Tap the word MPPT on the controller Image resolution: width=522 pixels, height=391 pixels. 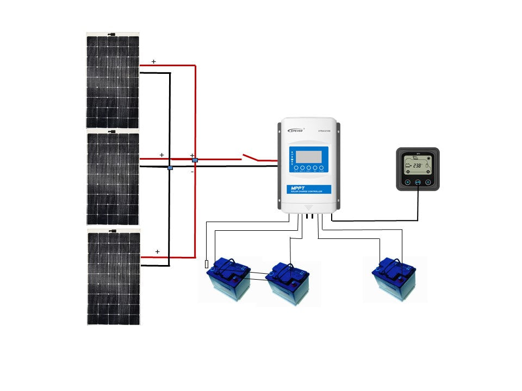coord(300,188)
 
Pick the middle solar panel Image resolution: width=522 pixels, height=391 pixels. coord(113,178)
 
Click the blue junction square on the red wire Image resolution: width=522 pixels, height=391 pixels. coord(195,161)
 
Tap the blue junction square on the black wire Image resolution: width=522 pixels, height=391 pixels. coord(170,168)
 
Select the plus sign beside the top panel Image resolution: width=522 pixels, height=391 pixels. coord(153,62)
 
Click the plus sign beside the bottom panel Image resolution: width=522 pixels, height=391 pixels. coord(158,252)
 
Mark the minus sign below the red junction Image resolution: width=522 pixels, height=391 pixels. coord(192,172)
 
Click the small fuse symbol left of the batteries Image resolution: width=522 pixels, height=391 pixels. coord(207,264)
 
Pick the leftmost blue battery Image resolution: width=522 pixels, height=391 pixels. coord(229,278)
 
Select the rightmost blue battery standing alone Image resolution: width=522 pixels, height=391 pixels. coord(394,278)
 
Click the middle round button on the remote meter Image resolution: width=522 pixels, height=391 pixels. coord(418,182)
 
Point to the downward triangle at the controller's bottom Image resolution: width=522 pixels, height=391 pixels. coord(308,207)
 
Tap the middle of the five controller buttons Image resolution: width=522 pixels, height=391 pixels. coord(308,168)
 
